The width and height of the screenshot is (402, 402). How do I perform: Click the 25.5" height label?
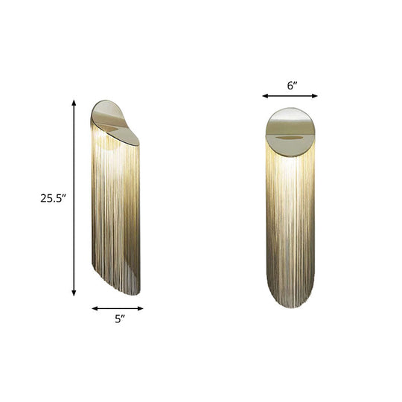(x=54, y=198)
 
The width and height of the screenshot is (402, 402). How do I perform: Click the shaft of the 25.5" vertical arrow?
(x=74, y=223)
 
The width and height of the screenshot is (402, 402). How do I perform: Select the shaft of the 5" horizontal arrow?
(x=117, y=307)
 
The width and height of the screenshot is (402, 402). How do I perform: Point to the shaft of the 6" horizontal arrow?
(x=290, y=95)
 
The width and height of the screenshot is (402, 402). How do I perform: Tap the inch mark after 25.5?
(x=66, y=195)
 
